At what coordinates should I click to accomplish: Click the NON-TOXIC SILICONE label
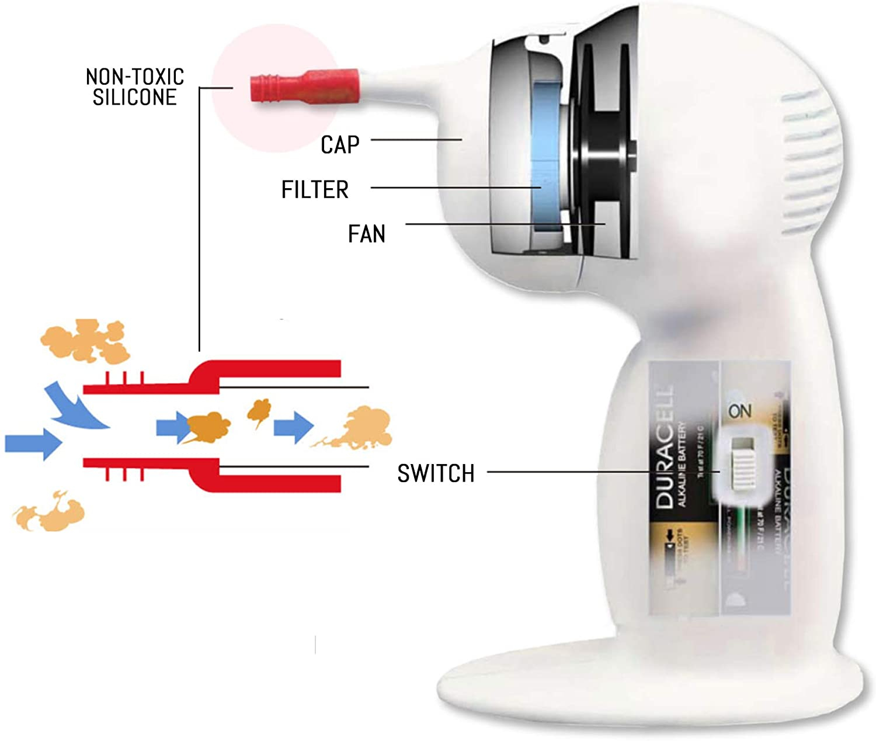[x=134, y=86]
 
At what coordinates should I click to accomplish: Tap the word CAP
[x=340, y=145]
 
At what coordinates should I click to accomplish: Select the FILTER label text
[x=315, y=189]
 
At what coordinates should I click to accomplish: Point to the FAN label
[x=366, y=234]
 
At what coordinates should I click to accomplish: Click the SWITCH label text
[x=436, y=473]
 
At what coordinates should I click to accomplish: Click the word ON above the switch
[x=740, y=411]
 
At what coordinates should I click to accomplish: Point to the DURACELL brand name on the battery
[x=663, y=447]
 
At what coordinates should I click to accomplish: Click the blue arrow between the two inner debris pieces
[x=294, y=427]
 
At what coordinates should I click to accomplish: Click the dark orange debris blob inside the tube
[x=207, y=427]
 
